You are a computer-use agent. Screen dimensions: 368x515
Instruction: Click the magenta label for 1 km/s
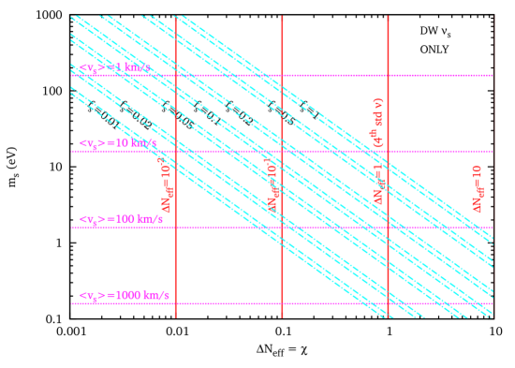click(114, 67)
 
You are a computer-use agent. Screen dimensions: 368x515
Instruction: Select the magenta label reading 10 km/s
click(118, 143)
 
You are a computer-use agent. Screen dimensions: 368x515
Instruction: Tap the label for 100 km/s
click(121, 219)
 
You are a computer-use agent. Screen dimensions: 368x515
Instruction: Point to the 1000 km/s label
click(125, 296)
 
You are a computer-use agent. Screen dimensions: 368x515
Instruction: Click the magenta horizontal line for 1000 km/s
click(328, 303)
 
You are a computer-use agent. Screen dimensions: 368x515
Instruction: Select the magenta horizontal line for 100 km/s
click(328, 228)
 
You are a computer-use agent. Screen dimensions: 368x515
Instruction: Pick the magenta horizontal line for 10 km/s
click(328, 151)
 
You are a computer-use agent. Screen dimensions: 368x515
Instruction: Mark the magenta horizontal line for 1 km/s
click(328, 75)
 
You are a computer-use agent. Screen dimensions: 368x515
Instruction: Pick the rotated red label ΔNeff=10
click(478, 188)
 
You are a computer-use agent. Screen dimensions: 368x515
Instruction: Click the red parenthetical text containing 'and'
click(378, 122)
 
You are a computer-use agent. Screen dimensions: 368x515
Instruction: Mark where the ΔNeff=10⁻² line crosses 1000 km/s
click(176, 303)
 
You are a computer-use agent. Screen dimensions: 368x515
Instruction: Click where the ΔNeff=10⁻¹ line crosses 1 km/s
click(282, 75)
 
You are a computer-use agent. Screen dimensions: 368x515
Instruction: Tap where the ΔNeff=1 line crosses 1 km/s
click(388, 75)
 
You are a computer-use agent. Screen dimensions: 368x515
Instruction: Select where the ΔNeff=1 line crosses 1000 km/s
click(388, 303)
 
